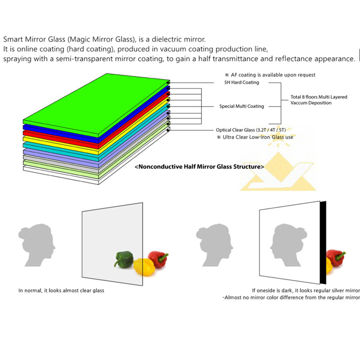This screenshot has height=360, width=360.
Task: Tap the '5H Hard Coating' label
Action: [242, 82]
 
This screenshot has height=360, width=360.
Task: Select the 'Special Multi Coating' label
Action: [242, 106]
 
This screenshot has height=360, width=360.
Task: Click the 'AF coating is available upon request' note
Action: [270, 75]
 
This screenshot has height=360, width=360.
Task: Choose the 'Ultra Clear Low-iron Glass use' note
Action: [255, 137]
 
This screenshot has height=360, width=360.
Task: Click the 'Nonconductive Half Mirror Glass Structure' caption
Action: [199, 166]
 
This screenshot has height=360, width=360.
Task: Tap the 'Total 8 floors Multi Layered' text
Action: [319, 97]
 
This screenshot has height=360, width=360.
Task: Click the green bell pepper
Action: [124, 260]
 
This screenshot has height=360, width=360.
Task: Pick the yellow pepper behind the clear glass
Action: [142, 267]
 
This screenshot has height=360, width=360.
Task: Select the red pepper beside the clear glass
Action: [158, 259]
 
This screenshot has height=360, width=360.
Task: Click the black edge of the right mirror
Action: [323, 243]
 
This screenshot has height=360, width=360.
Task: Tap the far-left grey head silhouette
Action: [37, 245]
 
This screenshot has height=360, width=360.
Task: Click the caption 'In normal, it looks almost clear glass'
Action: [61, 290]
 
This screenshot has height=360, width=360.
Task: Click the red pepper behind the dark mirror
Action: [336, 257]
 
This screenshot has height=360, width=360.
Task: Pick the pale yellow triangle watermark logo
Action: [278, 171]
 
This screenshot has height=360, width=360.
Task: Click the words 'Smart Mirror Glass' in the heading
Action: [34, 39]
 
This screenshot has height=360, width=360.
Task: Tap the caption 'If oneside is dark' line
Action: [306, 290]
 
